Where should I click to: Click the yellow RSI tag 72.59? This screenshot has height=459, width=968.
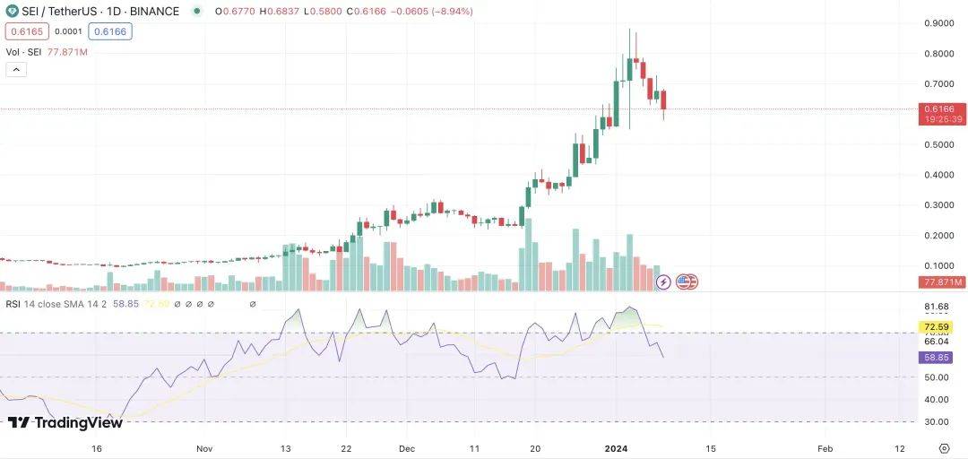[x=938, y=327]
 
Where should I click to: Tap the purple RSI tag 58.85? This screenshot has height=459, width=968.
[x=938, y=357]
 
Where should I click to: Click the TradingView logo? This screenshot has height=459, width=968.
[x=65, y=422]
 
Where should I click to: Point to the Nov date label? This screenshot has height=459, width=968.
[x=203, y=447]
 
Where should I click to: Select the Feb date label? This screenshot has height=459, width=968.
[x=825, y=447]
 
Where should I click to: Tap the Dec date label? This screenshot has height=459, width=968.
[x=406, y=447]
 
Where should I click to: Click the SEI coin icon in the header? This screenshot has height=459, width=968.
[x=12, y=12]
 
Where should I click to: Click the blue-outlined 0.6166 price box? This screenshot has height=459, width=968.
[x=110, y=31]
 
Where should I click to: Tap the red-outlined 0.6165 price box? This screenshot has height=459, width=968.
[x=25, y=31]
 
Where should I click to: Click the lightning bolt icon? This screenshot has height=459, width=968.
[x=663, y=281]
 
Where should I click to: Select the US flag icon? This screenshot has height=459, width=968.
[x=686, y=281]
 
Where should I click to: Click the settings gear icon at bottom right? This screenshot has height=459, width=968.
[x=944, y=447]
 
